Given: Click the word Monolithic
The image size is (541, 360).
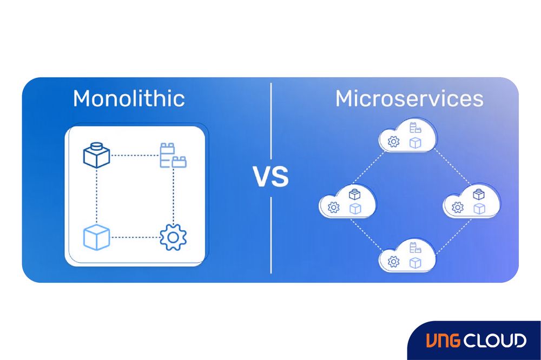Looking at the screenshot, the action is pos(129,99).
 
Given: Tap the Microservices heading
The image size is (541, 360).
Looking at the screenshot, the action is pos(409,99).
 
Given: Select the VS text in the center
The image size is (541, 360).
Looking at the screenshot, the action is pos(270,177).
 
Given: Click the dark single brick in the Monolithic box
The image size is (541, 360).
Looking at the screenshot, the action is pos(96,155).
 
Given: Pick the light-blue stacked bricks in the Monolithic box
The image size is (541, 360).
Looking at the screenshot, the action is pos(173,155).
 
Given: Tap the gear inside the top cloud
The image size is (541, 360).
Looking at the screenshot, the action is pos(394,142).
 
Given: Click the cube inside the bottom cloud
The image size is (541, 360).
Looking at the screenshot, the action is pos(415,263).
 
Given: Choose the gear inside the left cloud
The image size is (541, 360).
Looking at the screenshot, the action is pos(334,207).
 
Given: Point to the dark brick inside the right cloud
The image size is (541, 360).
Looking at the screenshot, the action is pos(479,195).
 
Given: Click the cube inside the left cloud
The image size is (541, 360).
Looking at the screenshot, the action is pos(355,208).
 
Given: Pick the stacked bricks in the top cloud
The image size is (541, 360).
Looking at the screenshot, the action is pos(415,129).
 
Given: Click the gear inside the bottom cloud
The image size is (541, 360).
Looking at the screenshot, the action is pos(394,262).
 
